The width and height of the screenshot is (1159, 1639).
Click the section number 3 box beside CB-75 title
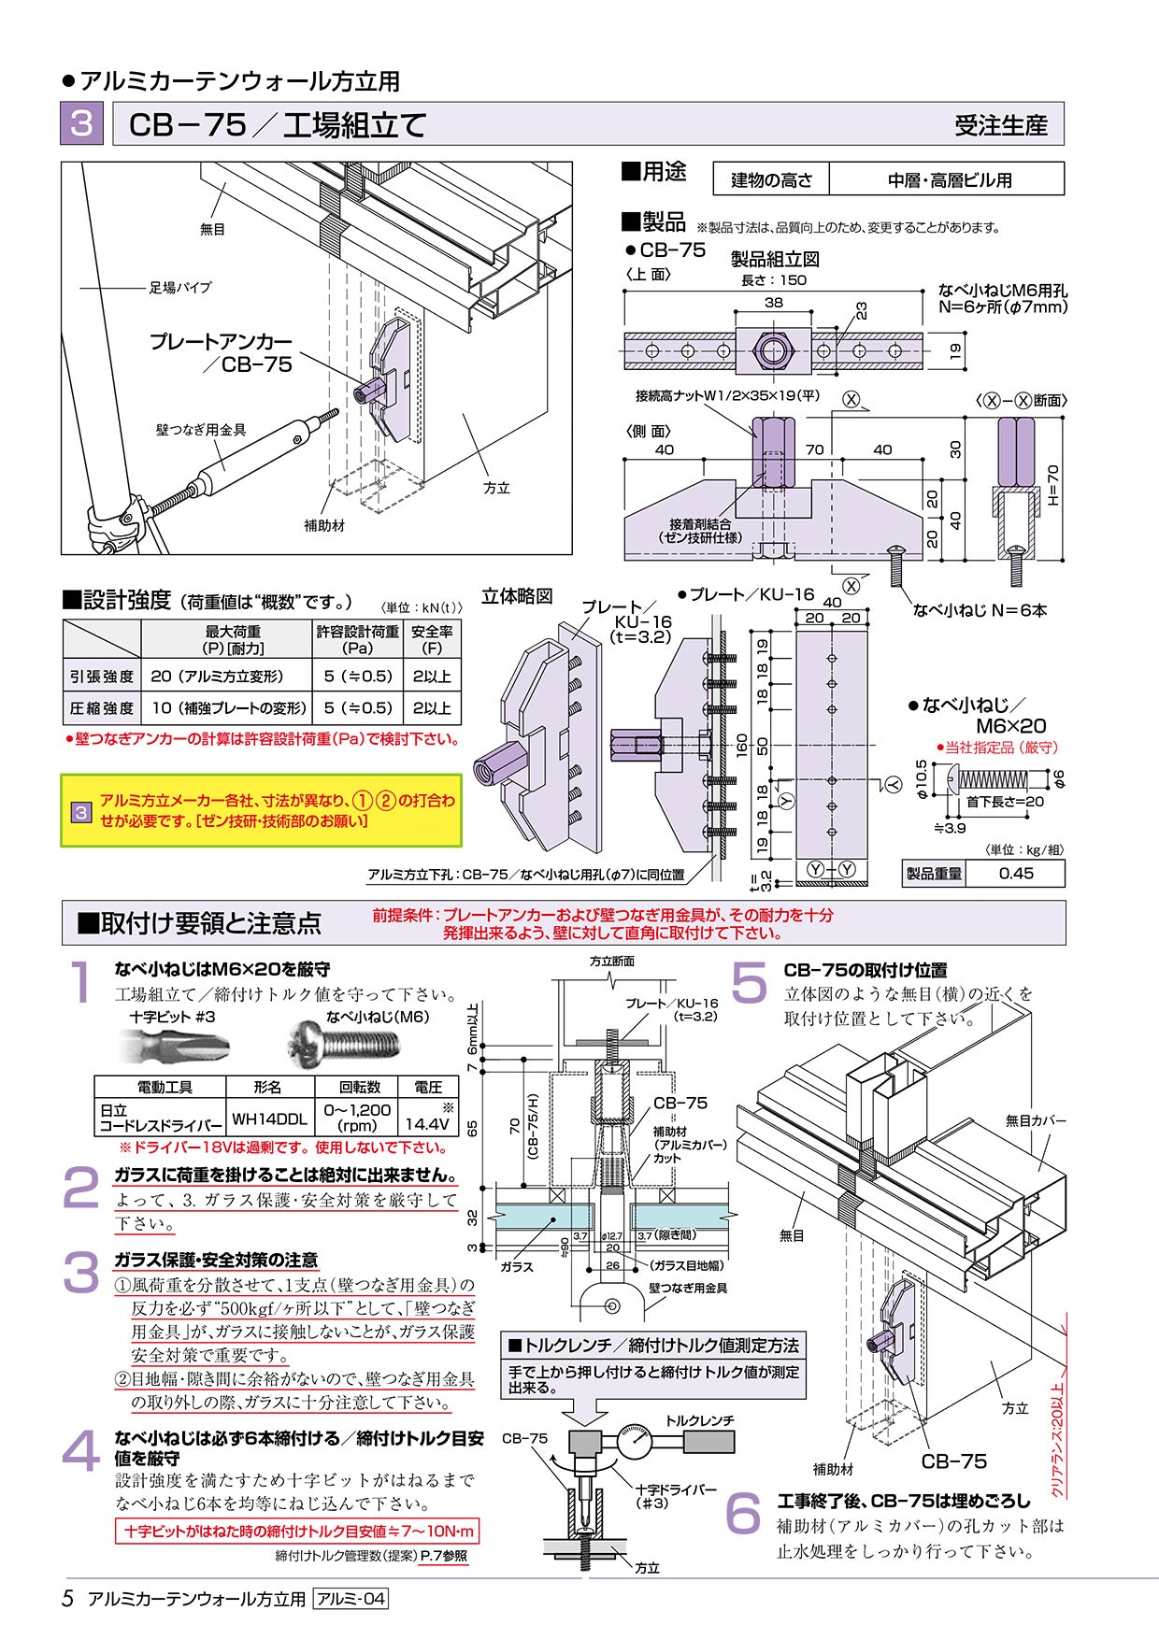coord(81,123)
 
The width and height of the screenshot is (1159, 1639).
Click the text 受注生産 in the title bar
coord(1001,125)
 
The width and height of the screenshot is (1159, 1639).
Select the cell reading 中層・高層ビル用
coord(948,179)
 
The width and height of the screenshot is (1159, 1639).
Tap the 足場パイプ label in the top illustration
coord(180,288)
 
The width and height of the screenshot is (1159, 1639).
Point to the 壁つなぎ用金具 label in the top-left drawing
coord(201,430)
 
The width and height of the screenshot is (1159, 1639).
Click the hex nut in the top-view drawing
coord(772,351)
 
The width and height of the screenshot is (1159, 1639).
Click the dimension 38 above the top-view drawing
coord(773,303)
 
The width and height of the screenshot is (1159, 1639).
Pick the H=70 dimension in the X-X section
coord(1052,485)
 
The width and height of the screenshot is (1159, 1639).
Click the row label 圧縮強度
coord(102,707)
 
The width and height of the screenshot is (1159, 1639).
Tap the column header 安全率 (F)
coord(432,639)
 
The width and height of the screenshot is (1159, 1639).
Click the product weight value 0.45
coord(1016,873)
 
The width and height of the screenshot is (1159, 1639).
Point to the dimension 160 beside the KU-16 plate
coord(741,746)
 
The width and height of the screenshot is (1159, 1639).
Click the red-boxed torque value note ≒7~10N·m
coord(296,1531)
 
